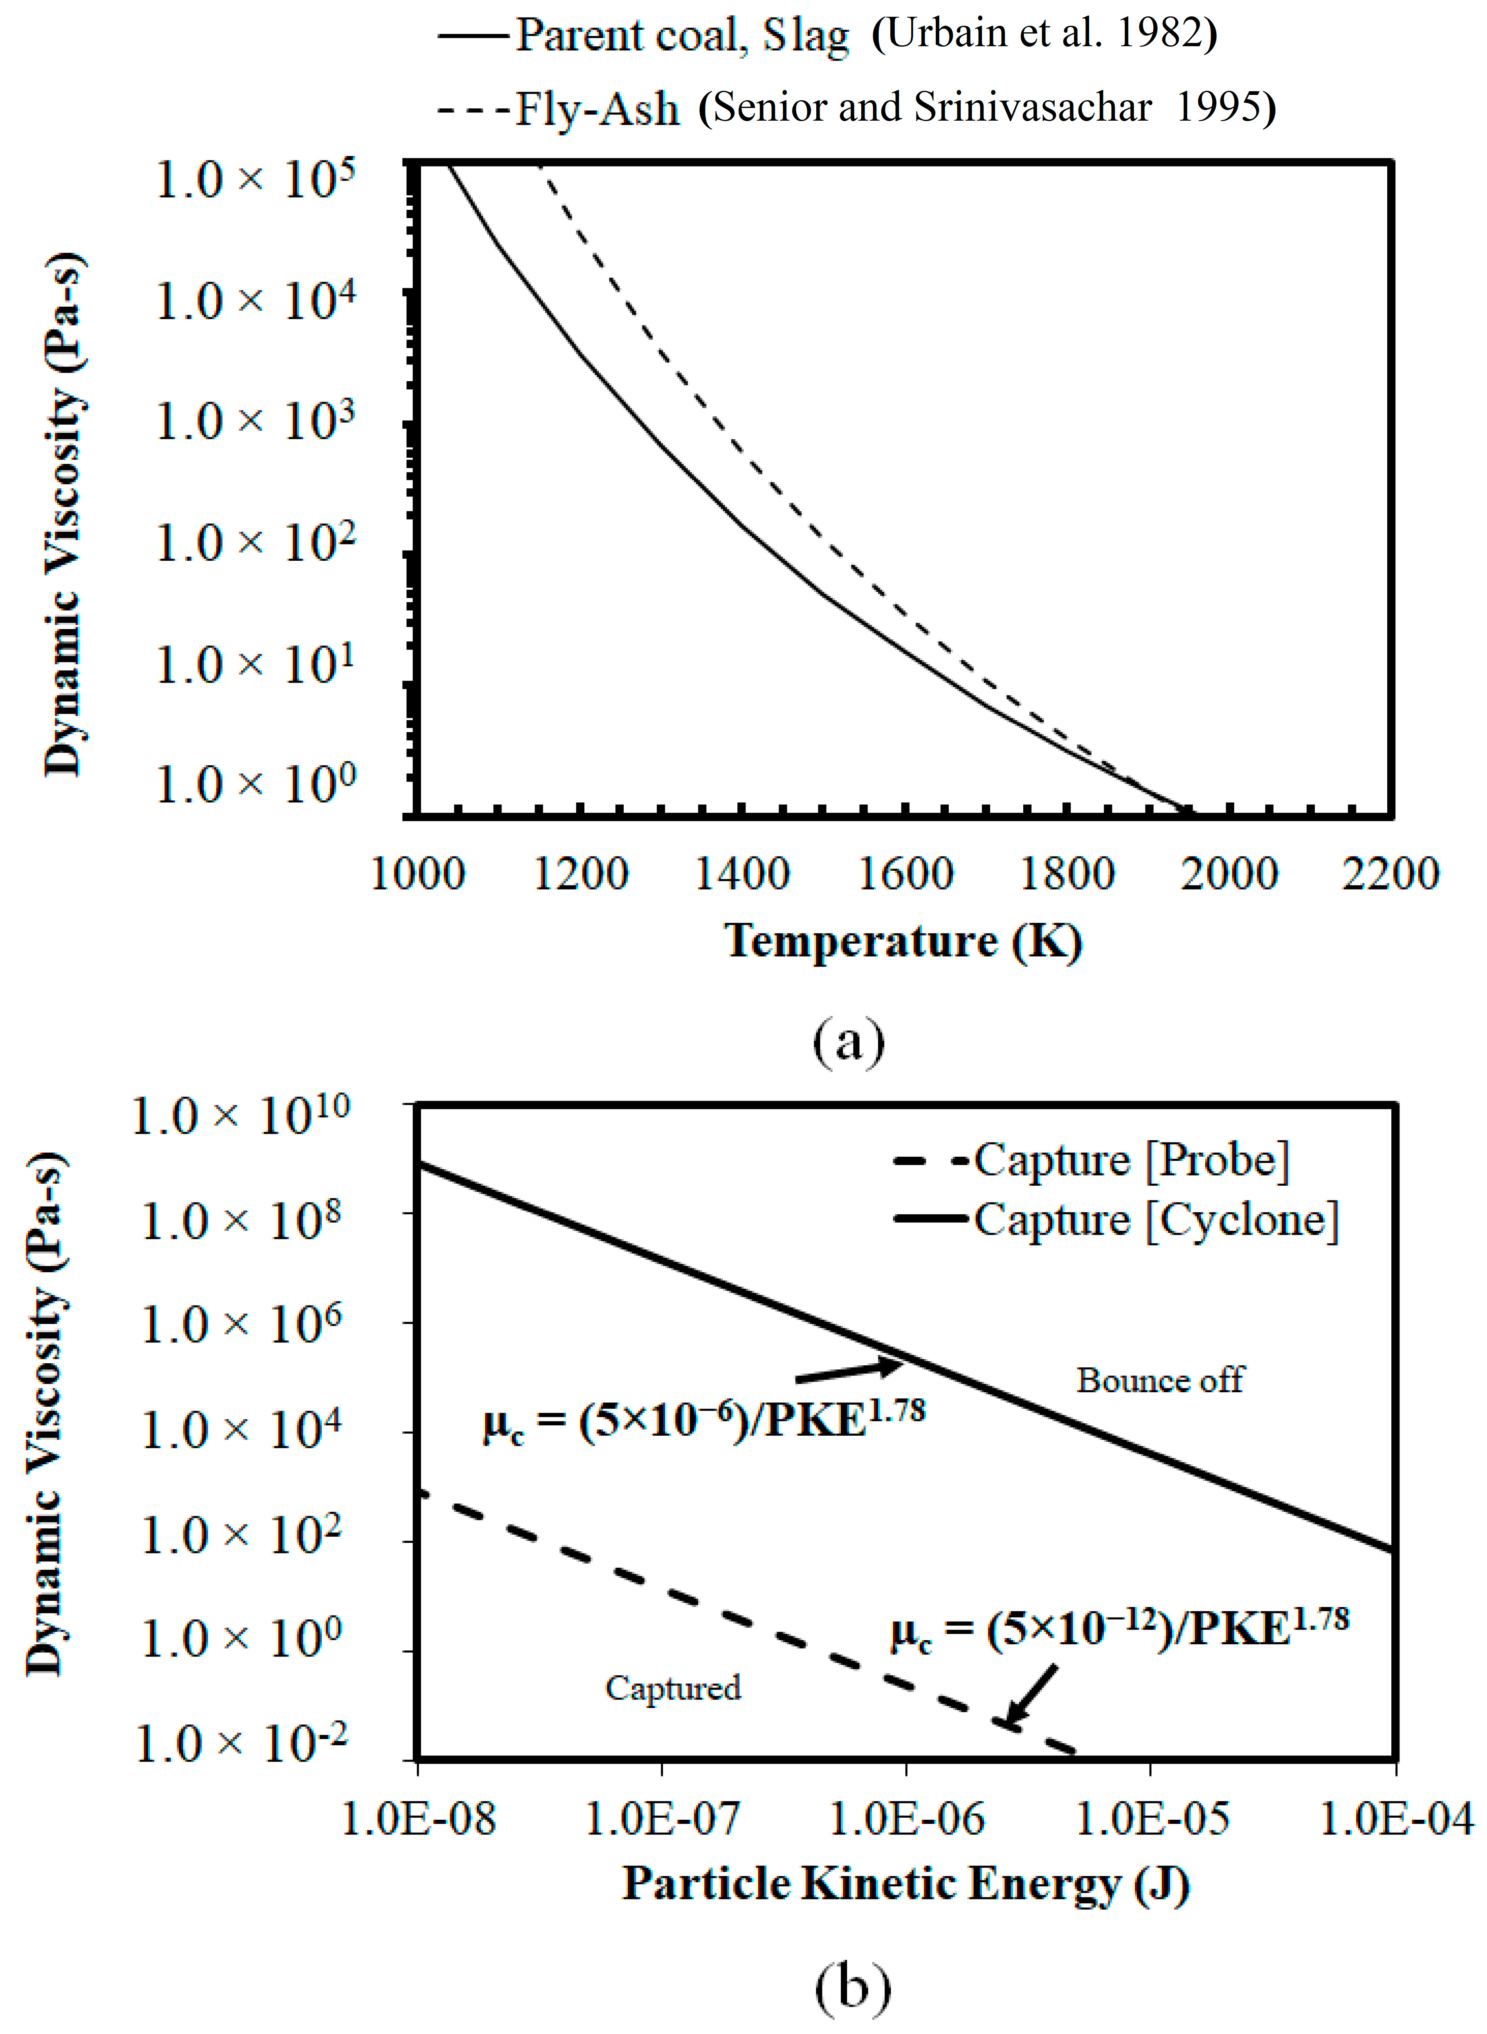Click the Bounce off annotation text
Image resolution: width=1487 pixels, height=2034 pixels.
coord(1159,1380)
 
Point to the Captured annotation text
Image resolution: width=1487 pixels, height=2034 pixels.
coord(672,1688)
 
